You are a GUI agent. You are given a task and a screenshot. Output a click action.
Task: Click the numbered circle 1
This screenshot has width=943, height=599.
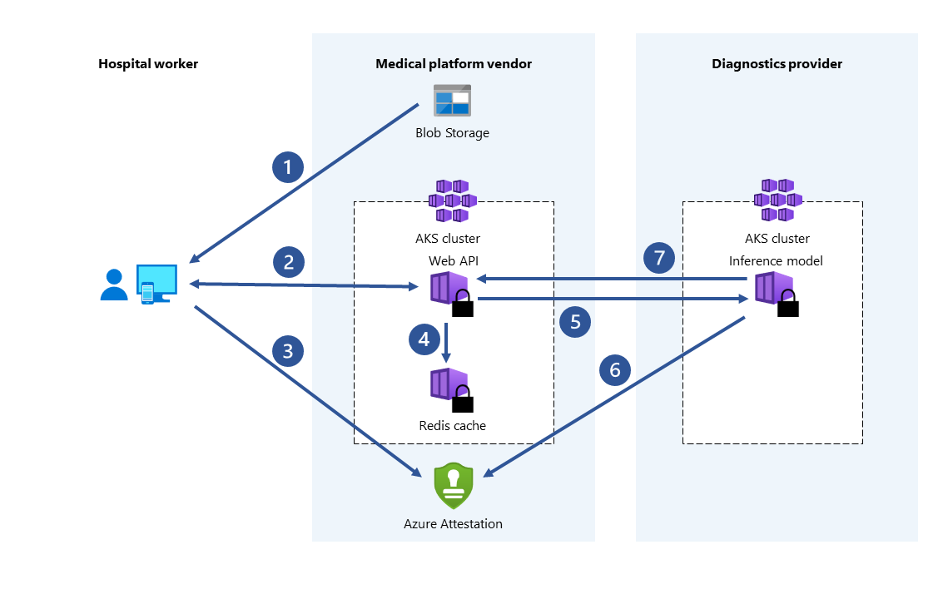point(288,168)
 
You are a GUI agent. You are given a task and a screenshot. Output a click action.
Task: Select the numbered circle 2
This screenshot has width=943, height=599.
point(288,262)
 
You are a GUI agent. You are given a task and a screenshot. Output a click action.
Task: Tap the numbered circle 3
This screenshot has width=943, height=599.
point(288,351)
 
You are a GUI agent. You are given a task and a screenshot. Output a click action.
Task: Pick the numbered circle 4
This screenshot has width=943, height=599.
point(424,339)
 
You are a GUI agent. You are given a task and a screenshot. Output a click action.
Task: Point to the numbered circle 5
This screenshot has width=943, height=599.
point(575,321)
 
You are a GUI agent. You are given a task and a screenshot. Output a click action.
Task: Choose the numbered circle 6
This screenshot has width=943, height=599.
point(615,370)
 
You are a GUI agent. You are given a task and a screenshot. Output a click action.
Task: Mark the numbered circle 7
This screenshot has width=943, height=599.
point(659,258)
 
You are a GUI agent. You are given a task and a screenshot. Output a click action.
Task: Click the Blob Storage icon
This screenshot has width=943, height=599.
point(452,101)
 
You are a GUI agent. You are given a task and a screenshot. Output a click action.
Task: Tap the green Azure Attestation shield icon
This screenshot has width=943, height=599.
point(454,486)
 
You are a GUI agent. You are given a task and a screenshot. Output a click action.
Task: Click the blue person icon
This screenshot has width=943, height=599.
point(114,285)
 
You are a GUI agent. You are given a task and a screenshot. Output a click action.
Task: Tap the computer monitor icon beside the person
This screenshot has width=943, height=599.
point(157,283)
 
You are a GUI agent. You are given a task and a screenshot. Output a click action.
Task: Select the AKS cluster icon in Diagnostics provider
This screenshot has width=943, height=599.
point(777,200)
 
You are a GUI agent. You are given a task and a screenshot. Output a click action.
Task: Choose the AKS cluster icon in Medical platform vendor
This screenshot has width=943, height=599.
point(452,200)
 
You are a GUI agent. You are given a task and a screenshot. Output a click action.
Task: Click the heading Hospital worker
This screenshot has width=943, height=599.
point(148,64)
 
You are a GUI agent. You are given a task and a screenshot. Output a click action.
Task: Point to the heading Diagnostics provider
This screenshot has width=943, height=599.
point(777,64)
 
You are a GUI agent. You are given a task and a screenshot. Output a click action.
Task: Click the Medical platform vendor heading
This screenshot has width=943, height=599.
point(454,64)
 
